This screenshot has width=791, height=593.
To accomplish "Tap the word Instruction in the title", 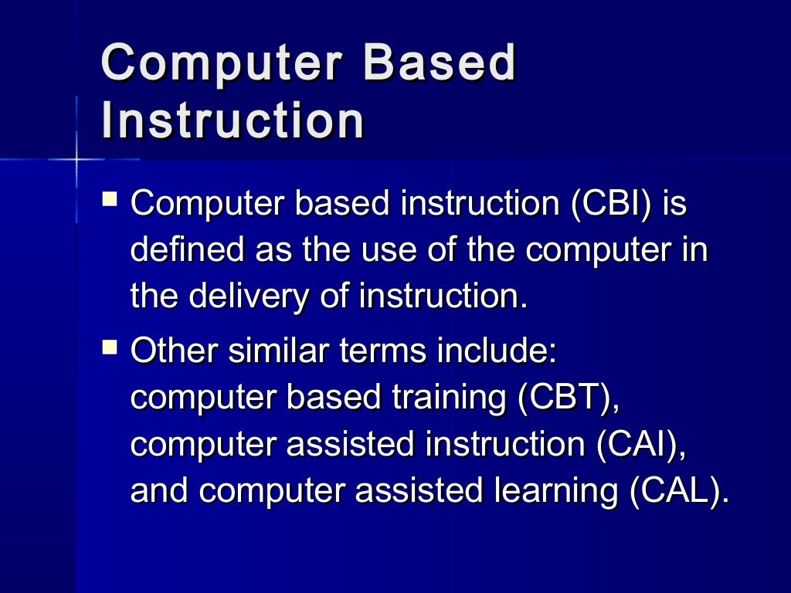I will point(233,120).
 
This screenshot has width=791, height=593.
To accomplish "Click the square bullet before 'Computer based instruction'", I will point(110,202).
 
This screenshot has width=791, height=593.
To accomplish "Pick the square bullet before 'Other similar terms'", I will point(110,349).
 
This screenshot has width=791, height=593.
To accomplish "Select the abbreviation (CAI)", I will point(641,446).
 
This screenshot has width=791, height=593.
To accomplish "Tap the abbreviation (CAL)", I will point(678,492).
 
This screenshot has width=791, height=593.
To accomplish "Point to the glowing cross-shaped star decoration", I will point(77,160).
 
